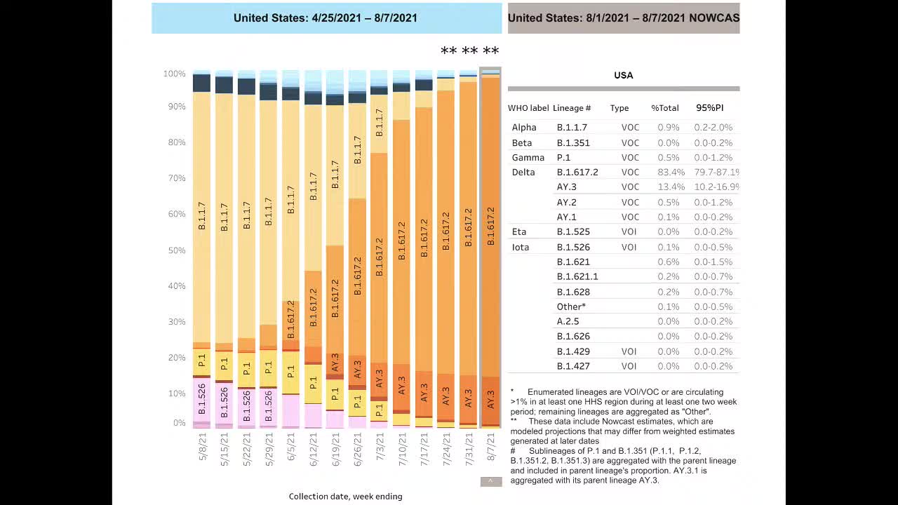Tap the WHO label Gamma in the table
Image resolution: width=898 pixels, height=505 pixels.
(528, 158)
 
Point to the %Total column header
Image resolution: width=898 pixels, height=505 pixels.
(664, 108)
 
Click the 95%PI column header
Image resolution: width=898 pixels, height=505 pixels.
(709, 108)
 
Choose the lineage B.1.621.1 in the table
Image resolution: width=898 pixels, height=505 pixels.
(577, 277)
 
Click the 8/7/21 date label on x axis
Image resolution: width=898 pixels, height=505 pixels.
(491, 448)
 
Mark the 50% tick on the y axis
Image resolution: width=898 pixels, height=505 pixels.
(175, 250)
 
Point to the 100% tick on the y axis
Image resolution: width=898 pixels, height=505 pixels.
(175, 74)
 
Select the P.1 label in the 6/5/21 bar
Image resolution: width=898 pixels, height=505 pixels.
(291, 372)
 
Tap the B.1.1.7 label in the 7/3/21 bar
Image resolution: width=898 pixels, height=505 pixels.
(380, 123)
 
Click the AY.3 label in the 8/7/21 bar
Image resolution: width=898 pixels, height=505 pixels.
(491, 400)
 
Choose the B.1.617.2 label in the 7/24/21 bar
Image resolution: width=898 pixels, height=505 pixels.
(446, 231)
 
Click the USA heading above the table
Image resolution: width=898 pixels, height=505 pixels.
(623, 75)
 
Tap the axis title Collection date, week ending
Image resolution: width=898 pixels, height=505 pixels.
(345, 497)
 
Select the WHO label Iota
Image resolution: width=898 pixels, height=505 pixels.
(521, 248)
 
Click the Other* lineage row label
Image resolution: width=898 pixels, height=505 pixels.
(571, 307)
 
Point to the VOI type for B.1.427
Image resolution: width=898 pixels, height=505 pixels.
(629, 366)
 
